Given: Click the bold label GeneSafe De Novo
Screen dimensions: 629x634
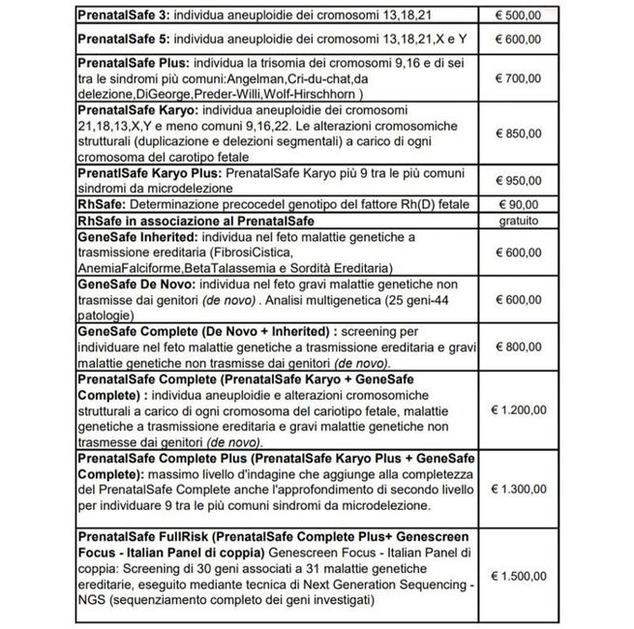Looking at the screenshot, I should (135, 285).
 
